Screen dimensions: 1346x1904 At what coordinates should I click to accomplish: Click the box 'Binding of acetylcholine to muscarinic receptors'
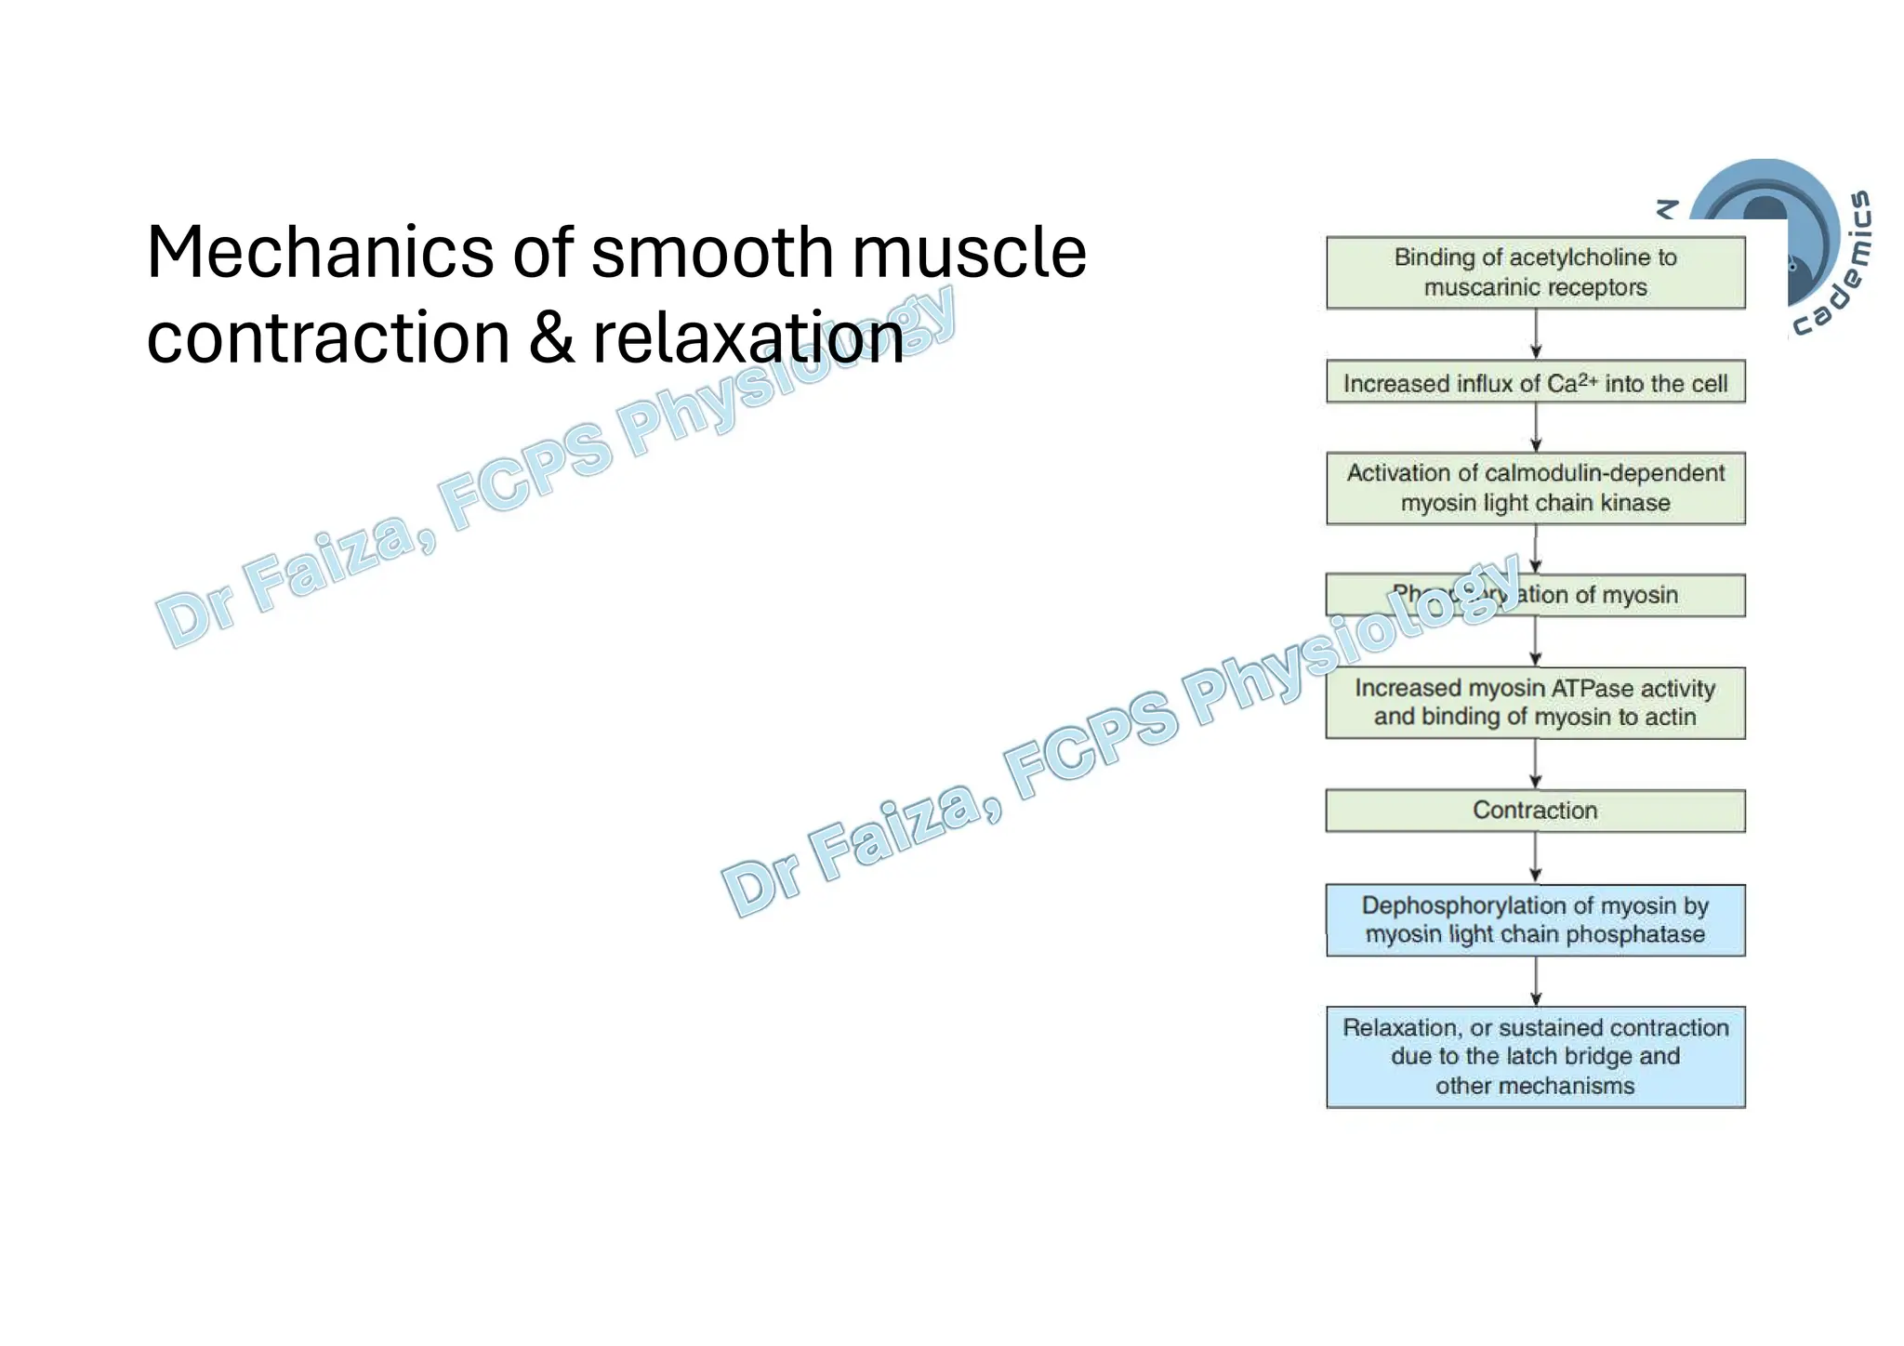point(1535,272)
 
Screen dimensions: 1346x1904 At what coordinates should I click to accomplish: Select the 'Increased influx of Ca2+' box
point(1535,382)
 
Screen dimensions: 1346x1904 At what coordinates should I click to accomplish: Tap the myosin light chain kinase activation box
point(1535,488)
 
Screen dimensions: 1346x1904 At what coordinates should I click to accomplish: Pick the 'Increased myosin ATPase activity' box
point(1535,703)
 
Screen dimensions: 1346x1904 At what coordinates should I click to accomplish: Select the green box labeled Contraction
point(1535,811)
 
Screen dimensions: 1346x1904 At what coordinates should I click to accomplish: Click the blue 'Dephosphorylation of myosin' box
point(1535,919)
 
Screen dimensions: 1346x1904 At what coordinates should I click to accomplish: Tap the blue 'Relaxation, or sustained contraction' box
point(1535,1057)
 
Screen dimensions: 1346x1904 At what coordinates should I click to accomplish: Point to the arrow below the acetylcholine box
point(1535,334)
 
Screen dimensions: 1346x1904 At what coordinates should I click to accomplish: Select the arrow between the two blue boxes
point(1535,981)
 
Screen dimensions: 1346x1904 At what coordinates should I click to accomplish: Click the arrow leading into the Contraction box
point(1535,764)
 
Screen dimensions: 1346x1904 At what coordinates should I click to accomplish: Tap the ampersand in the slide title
point(551,337)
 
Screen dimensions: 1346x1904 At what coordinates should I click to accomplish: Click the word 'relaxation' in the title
point(747,337)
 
